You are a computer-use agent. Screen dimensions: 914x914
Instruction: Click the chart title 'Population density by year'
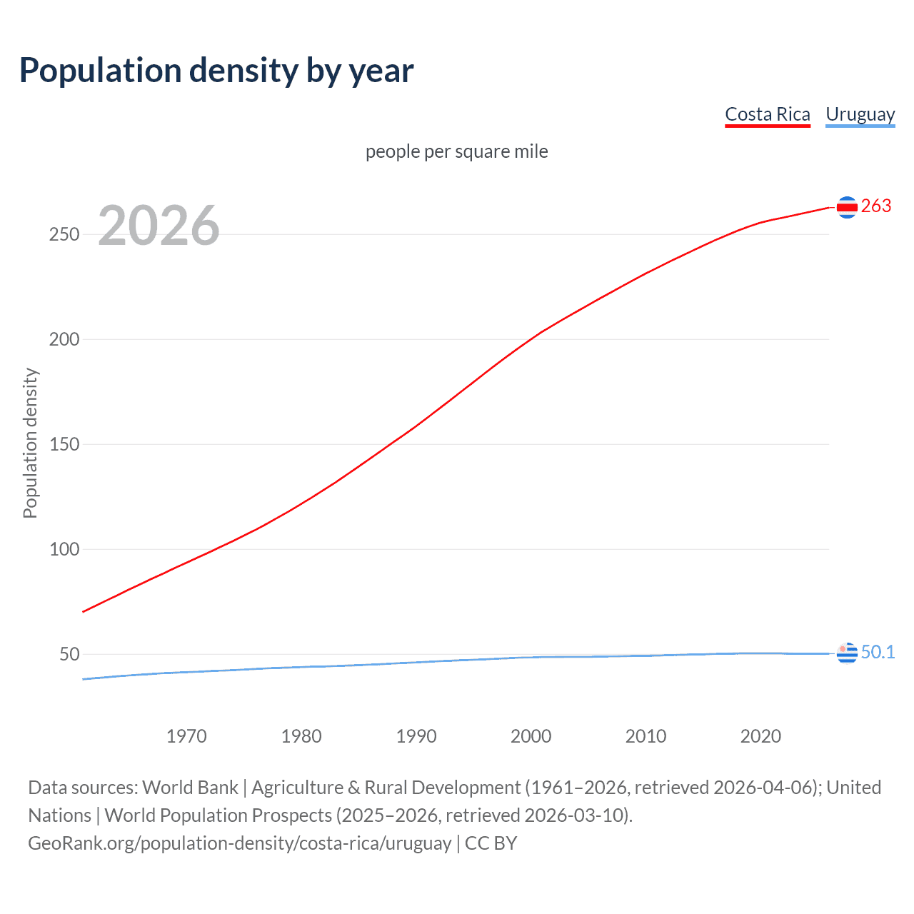(216, 71)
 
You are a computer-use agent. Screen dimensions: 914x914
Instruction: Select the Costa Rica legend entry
(768, 114)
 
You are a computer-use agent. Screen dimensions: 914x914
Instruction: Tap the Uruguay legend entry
(860, 114)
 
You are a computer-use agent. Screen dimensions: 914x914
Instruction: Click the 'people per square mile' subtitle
(456, 151)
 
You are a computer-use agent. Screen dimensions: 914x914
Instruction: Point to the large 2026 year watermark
(159, 226)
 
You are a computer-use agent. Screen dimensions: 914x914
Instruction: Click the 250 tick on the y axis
(64, 234)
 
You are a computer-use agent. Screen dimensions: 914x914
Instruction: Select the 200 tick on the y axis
(64, 339)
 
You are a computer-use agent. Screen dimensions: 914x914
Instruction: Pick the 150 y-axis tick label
(64, 444)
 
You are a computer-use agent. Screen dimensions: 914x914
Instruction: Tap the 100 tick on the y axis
(64, 549)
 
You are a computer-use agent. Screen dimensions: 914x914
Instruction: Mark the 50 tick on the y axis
(69, 654)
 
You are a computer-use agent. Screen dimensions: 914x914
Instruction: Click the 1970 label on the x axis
(186, 736)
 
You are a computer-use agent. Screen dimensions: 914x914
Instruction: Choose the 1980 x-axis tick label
(301, 736)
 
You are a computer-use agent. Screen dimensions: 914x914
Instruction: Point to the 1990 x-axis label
(416, 736)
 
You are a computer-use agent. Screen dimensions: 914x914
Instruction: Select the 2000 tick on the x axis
(531, 736)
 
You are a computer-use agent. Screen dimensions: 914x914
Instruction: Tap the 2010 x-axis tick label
(646, 736)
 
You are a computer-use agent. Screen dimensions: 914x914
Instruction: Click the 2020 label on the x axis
(760, 736)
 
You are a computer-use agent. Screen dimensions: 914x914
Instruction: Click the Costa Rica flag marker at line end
(847, 207)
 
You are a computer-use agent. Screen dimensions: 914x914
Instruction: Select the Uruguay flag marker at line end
(847, 653)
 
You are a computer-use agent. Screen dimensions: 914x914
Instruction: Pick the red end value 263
(876, 206)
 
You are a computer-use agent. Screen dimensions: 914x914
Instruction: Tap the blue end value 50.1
(878, 652)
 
